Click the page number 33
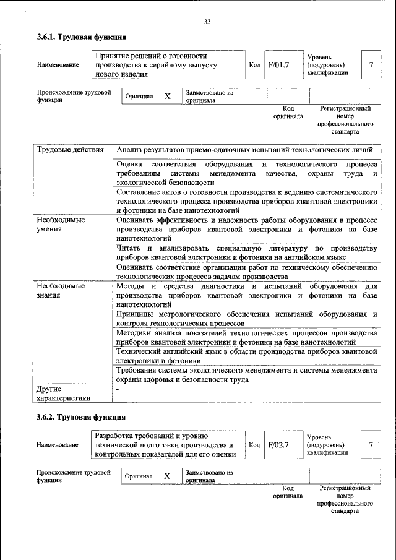pos(207,22)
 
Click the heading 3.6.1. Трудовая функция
pos(81,37)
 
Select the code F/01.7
pos(278,64)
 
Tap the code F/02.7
pos(278,445)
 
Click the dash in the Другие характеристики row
pos(118,390)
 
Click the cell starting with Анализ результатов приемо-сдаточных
pos(244,150)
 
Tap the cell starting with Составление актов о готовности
pos(246,202)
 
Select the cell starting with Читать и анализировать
pos(246,252)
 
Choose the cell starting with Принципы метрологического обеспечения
pos(246,318)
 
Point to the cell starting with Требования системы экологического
pos(246,374)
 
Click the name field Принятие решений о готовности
pos(167,64)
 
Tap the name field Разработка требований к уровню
pos(167,445)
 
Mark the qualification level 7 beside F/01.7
pos(371,64)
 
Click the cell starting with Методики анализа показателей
pos(246,337)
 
